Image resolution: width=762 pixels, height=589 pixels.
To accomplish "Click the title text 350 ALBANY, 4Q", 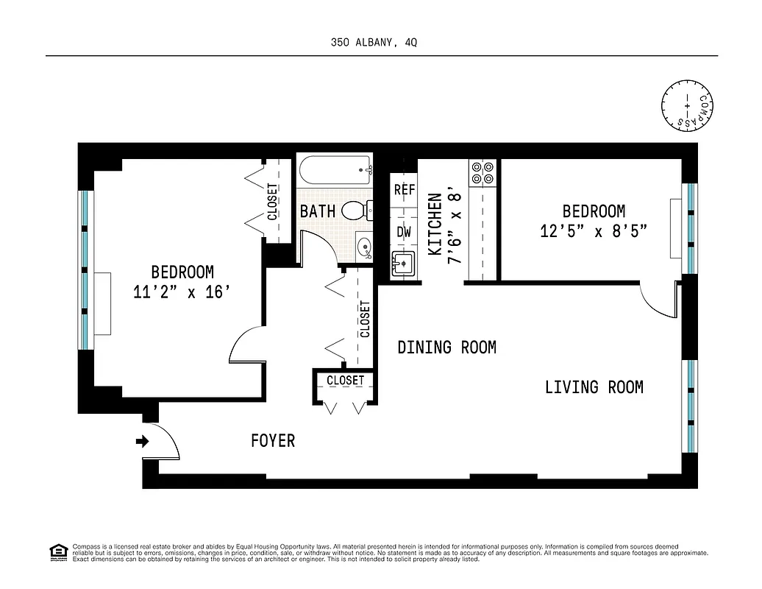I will point(374,43).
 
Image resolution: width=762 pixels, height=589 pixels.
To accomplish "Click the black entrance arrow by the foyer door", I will point(142,442).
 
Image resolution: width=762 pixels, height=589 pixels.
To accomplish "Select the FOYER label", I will point(273,441).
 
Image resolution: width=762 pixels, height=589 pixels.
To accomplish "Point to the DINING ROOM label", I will point(446,347).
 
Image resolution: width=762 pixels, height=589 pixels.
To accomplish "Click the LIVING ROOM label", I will point(594,387).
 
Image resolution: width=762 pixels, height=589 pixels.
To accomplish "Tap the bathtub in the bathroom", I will point(335,172).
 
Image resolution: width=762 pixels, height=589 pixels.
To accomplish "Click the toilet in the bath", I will point(357,211).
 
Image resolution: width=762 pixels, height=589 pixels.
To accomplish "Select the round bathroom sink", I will point(363,247).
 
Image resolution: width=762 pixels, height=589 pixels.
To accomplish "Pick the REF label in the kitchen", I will point(405,190).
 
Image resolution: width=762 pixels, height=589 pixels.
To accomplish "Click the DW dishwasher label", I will point(404,232).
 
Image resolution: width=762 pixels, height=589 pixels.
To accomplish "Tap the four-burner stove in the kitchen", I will point(483,172).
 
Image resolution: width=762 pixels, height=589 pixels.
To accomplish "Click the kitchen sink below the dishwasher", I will point(403,263).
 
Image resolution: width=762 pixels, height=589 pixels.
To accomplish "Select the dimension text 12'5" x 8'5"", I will point(594,232).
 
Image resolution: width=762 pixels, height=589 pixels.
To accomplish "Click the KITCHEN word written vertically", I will point(435,225).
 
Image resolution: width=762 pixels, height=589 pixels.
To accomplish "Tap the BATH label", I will point(317,211).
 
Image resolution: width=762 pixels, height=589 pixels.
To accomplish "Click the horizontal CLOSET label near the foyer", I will point(345,381).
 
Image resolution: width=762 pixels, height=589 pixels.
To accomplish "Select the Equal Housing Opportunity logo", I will point(57,551).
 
